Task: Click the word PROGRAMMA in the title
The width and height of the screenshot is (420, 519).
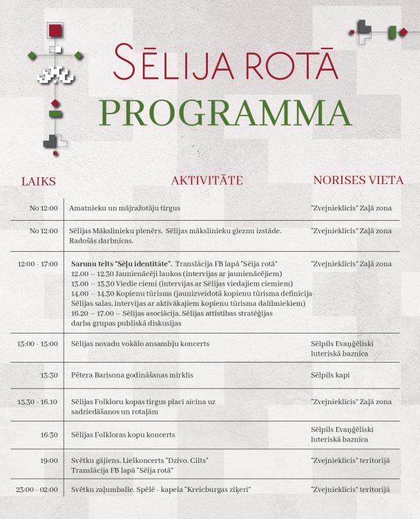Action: tap(225, 113)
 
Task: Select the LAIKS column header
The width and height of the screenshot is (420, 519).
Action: tap(39, 181)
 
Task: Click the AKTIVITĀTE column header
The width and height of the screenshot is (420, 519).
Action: tap(207, 181)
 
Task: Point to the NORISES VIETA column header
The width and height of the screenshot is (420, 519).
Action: tap(358, 180)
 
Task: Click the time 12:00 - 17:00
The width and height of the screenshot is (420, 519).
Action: tap(38, 264)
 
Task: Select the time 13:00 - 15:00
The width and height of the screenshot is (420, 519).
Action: tap(38, 344)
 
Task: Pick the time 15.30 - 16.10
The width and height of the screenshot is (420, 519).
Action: tap(38, 401)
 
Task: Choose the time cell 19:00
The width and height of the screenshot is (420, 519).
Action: tap(49, 460)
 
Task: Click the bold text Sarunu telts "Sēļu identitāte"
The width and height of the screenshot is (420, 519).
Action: tap(121, 264)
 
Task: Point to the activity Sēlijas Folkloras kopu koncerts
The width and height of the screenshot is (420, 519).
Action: tap(122, 435)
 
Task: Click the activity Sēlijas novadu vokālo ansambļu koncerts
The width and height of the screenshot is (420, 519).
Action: tap(140, 344)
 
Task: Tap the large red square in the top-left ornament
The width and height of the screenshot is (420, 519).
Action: tap(55, 30)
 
